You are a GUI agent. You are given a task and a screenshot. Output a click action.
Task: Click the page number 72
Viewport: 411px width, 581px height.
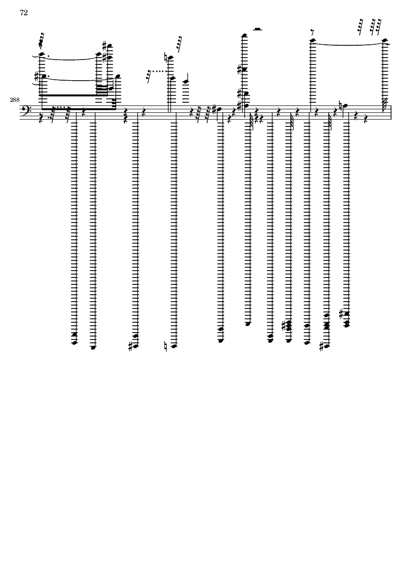pos(24,13)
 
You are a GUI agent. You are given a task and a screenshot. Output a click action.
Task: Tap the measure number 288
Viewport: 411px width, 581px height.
pos(14,100)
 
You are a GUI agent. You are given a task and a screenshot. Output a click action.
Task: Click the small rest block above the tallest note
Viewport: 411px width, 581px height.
pos(257,29)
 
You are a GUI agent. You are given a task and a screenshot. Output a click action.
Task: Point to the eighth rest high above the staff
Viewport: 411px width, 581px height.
pos(312,33)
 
